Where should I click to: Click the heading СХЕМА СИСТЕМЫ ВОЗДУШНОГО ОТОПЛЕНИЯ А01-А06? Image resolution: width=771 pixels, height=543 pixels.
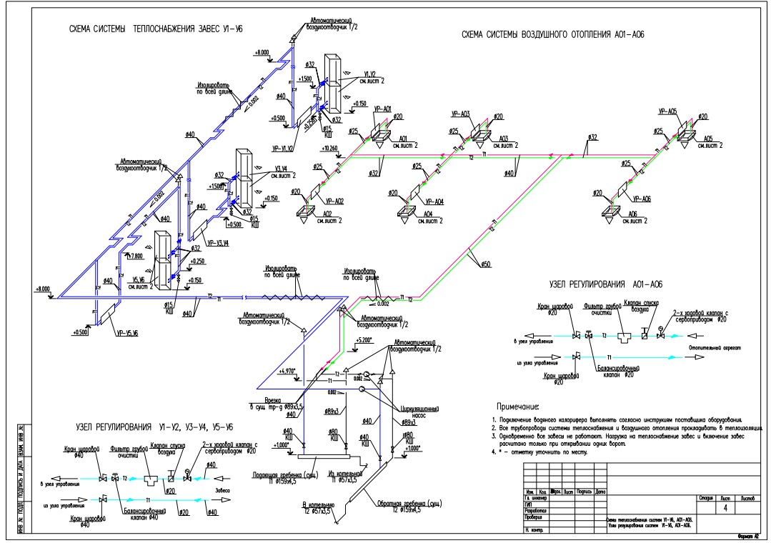coord(554,34)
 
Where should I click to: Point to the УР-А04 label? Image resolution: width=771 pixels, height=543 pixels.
coord(433,201)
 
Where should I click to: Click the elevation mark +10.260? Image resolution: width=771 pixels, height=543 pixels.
coord(330,148)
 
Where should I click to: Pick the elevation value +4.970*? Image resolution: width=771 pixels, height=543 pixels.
coord(287,371)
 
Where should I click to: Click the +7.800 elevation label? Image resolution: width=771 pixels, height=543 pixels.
coord(133,255)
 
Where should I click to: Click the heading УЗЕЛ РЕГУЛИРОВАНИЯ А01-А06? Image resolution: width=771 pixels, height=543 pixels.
coord(612,283)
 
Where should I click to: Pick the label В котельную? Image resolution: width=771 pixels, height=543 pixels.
coord(316,505)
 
